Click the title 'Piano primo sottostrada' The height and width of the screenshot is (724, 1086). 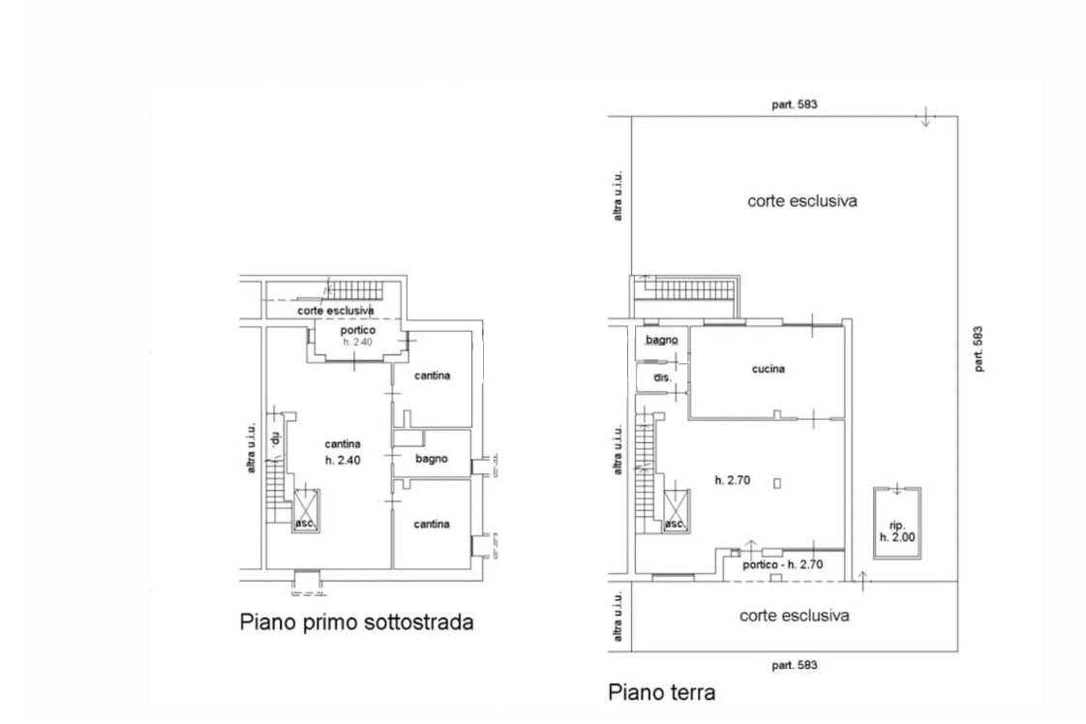[357, 622]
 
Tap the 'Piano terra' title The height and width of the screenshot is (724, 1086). [661, 692]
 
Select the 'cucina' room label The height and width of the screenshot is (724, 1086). [769, 369]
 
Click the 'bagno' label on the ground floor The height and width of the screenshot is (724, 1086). [661, 340]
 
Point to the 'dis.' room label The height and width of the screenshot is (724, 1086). [663, 377]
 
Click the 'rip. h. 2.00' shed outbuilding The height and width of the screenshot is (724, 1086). [897, 523]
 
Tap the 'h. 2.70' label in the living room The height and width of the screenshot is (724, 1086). [732, 479]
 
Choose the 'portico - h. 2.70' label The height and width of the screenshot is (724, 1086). [783, 564]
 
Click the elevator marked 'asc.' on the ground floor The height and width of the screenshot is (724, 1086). [676, 511]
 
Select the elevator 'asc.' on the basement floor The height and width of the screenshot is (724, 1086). [306, 511]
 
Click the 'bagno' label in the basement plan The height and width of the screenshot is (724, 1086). [432, 459]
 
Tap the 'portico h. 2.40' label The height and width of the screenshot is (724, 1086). [357, 336]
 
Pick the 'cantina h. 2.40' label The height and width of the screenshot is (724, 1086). [343, 452]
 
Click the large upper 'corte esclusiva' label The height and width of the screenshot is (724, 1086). [802, 201]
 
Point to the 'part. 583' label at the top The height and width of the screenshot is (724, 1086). [795, 105]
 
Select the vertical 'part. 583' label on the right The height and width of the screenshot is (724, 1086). [978, 349]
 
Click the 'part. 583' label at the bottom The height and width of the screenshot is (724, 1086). [795, 665]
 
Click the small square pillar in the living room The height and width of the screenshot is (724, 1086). [777, 483]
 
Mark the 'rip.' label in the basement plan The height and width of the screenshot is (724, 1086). [275, 437]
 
